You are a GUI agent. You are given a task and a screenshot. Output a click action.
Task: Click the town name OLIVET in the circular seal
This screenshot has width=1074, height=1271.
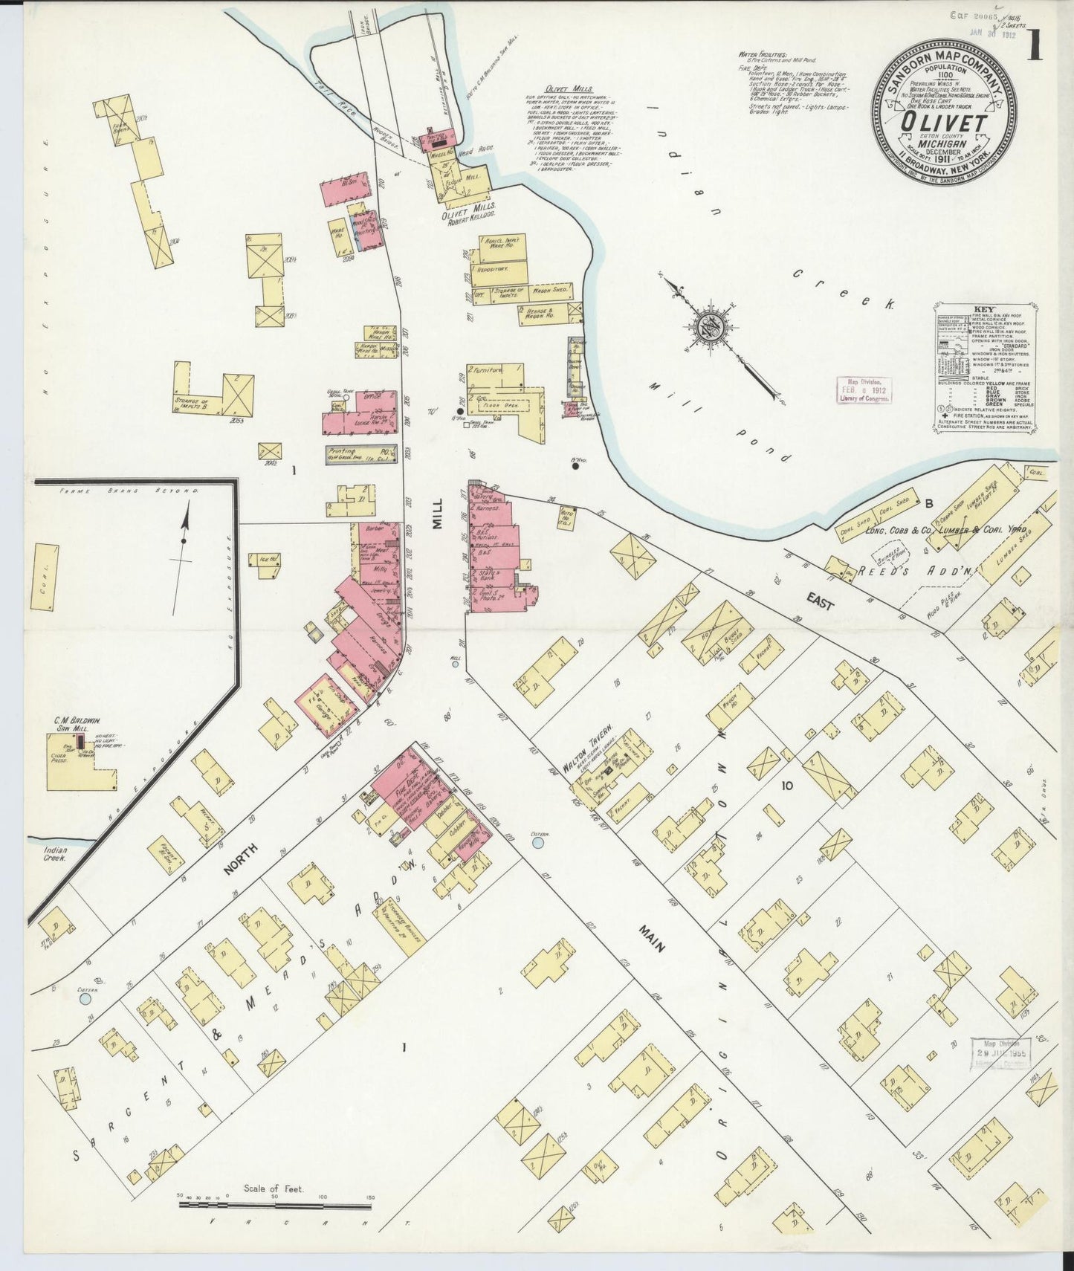coord(941,122)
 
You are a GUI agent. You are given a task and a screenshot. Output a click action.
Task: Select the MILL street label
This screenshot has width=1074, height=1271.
coord(439,513)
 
